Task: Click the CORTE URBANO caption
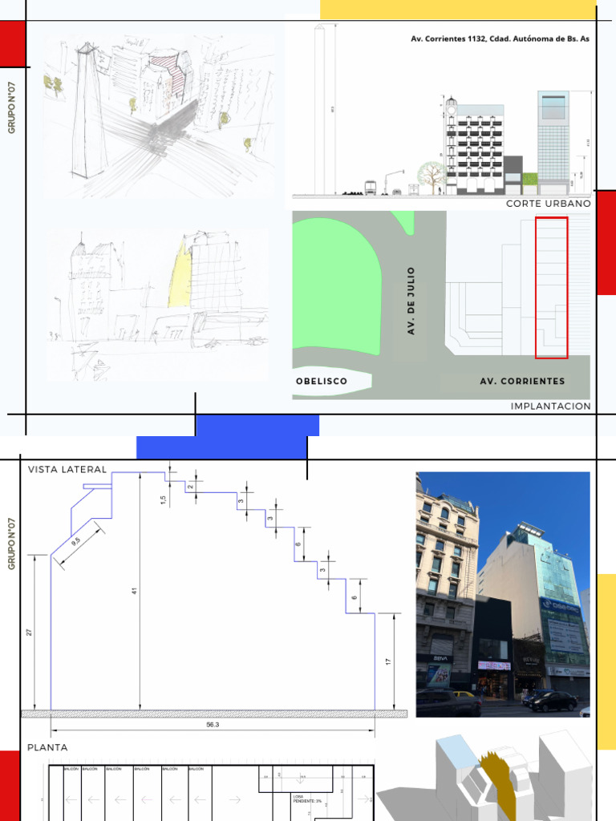coord(548,204)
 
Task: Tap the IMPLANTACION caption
coord(550,406)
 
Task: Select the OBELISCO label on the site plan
coord(322,382)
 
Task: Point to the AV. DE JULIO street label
coord(411,301)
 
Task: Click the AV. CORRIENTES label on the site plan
coord(522,382)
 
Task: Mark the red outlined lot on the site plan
coord(551,287)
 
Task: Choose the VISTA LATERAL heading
coord(67,470)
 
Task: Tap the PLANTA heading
coord(47,747)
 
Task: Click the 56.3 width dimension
coord(213,724)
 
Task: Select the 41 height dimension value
coord(136,591)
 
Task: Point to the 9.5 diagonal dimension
coord(76,541)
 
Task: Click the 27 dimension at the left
coord(30,633)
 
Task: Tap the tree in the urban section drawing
coord(432,174)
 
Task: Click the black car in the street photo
coord(552,702)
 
